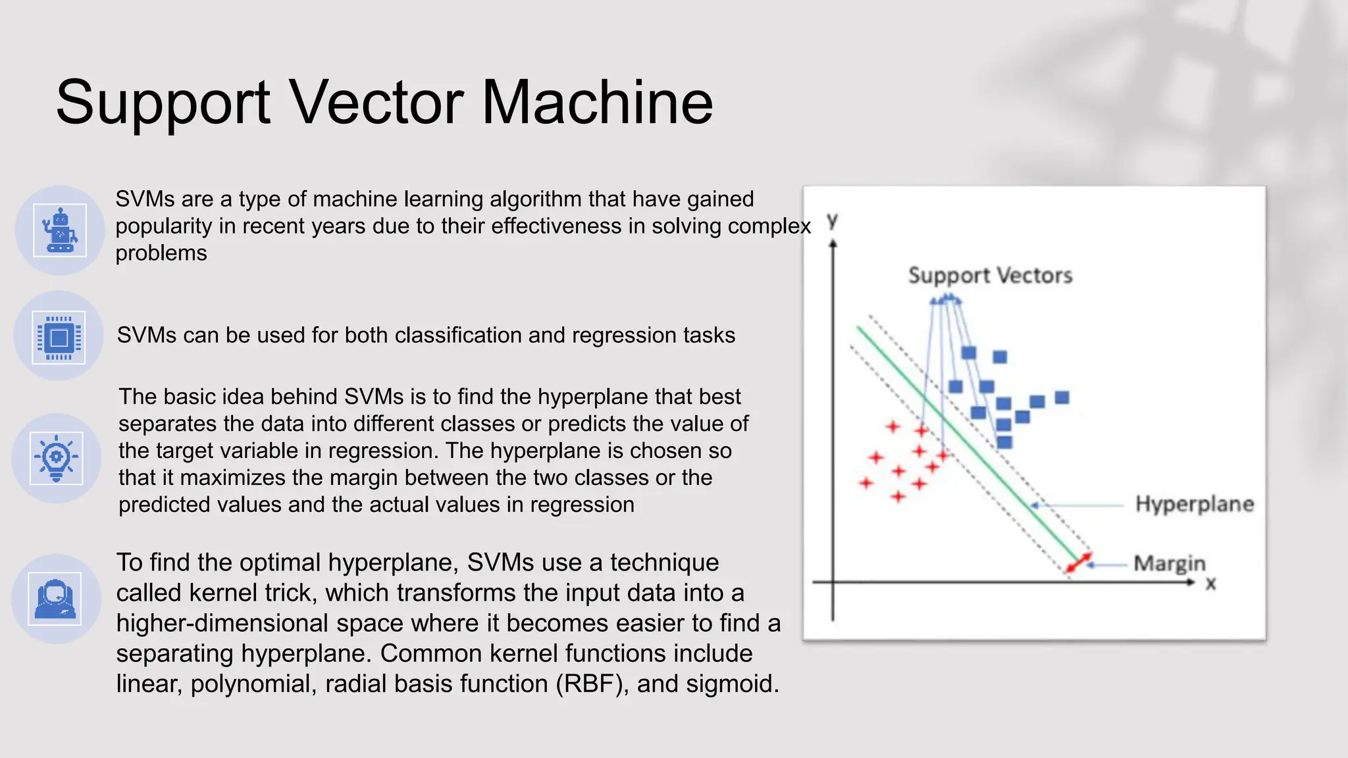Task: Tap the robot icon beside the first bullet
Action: (x=60, y=230)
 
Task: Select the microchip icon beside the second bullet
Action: (x=59, y=337)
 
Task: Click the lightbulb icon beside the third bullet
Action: (x=57, y=458)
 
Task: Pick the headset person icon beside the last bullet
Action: (x=55, y=598)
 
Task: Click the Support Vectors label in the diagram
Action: (x=990, y=275)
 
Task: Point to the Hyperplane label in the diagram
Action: (x=1194, y=504)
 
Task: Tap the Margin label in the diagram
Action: (x=1169, y=563)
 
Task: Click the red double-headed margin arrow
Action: (x=1078, y=563)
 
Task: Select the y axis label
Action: (x=833, y=220)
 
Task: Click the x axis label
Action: (x=1210, y=584)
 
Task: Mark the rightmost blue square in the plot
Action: (x=1062, y=397)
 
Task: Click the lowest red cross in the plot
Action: (x=898, y=496)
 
